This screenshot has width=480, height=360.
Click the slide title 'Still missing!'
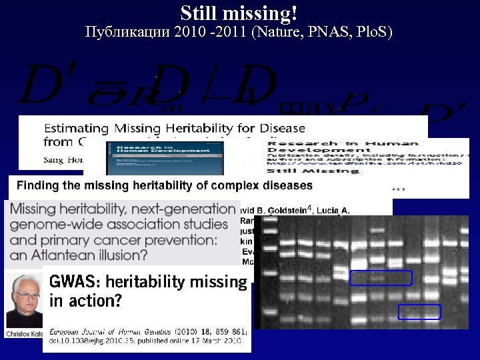point(239,13)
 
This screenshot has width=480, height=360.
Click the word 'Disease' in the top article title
point(281,128)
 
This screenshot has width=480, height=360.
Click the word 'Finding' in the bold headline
point(37,185)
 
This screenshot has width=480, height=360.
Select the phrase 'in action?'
point(85,301)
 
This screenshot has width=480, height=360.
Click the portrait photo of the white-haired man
point(23,301)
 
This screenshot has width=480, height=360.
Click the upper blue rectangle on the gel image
point(381,278)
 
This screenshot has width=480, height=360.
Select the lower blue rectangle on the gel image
point(419,311)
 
